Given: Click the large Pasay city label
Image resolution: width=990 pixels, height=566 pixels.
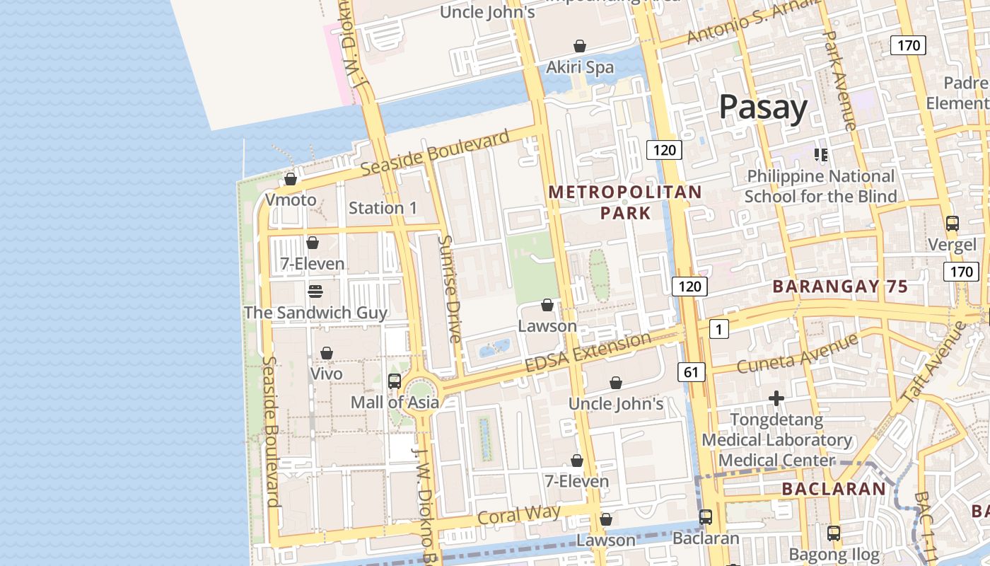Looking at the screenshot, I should click(x=763, y=108).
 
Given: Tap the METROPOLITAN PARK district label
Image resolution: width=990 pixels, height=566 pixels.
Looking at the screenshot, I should click(x=625, y=202).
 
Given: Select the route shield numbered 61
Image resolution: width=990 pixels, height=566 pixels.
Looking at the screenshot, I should click(x=691, y=371).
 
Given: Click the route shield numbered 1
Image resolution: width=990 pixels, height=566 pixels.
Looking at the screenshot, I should click(x=718, y=328).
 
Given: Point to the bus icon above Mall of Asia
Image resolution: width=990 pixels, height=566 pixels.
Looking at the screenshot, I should click(x=395, y=381).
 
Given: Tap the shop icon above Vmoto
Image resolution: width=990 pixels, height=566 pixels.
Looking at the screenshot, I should click(x=290, y=179).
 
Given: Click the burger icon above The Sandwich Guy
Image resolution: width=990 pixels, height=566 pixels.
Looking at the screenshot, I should click(x=315, y=291).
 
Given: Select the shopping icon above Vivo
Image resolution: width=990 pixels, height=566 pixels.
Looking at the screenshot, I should click(x=327, y=352).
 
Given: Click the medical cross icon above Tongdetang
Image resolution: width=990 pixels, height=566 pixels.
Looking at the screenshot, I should click(x=776, y=398).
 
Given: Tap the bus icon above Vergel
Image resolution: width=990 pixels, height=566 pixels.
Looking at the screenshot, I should click(x=952, y=224).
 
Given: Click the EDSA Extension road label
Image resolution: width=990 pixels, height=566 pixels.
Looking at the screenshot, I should click(x=588, y=352).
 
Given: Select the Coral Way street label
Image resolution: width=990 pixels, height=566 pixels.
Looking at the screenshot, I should click(x=519, y=514).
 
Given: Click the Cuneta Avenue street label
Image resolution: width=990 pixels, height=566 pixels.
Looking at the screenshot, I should click(x=797, y=354).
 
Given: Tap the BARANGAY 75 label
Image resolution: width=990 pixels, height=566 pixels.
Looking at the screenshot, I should click(x=839, y=287).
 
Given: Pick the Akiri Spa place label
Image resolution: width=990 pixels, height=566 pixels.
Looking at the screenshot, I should click(x=580, y=67).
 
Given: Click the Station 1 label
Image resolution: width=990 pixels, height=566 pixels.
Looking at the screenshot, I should click(x=383, y=208).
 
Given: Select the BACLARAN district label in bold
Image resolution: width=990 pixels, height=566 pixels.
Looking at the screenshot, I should click(x=834, y=488).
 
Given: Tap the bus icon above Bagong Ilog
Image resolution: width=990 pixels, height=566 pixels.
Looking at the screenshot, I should click(x=834, y=533).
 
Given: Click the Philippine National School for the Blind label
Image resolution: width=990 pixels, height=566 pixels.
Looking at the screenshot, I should click(x=820, y=186).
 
